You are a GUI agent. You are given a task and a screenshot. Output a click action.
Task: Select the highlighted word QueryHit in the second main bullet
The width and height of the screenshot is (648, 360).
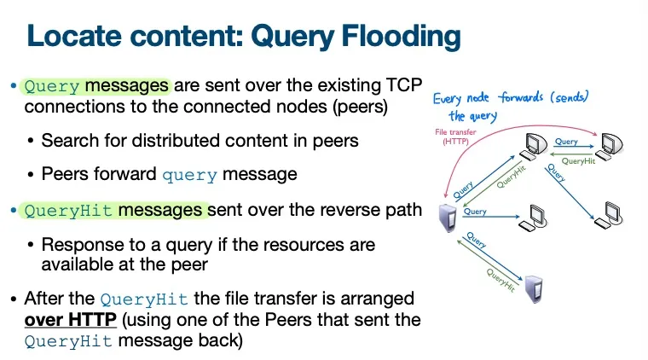tap(69, 211)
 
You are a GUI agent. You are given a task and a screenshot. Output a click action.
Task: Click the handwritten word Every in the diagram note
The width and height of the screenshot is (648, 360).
tap(451, 98)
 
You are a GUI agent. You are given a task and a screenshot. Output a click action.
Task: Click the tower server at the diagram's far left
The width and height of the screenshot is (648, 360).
tap(444, 218)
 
